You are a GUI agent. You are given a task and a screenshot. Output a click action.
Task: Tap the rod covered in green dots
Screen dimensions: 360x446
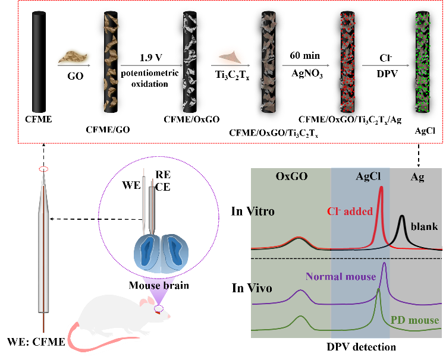(x=423, y=62)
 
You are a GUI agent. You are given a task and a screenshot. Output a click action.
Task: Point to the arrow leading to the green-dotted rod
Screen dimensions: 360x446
(x=386, y=65)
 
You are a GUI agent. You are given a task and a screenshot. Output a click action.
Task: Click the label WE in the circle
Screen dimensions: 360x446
(x=131, y=185)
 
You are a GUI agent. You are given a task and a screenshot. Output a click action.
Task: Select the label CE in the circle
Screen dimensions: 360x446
(x=163, y=187)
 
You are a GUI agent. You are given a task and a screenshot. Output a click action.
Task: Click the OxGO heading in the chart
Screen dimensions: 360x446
(x=291, y=176)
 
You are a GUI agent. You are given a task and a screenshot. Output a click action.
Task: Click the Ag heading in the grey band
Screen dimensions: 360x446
(x=417, y=176)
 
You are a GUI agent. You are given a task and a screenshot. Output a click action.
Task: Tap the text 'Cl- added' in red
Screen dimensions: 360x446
(x=349, y=211)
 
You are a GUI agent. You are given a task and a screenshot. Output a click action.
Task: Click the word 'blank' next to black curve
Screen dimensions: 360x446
(x=425, y=226)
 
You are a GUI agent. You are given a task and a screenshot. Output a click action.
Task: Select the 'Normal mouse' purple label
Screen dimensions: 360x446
(x=341, y=276)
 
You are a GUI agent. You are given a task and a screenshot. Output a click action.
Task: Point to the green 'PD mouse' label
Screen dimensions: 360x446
(x=414, y=321)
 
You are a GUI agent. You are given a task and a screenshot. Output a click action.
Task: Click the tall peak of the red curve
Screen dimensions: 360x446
(x=381, y=189)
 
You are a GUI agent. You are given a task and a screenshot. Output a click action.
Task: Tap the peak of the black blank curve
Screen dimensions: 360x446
(x=403, y=216)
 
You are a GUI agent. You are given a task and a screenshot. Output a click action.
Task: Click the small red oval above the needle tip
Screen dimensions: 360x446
(x=43, y=169)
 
